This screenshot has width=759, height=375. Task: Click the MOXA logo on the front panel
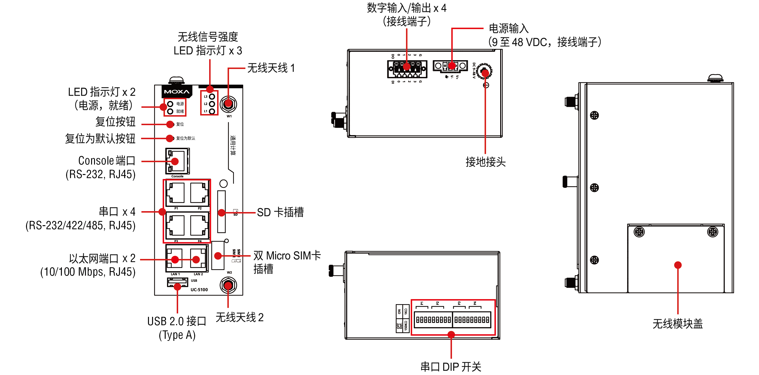tap(177, 92)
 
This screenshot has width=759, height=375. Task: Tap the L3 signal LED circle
tap(212, 96)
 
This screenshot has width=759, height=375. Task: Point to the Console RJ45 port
tap(177, 161)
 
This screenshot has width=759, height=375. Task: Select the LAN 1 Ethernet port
tap(175, 259)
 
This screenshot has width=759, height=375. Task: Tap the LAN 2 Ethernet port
tap(198, 259)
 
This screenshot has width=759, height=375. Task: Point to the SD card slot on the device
tap(221, 212)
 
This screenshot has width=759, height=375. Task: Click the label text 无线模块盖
tap(677, 324)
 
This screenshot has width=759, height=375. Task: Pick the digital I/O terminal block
tap(407, 69)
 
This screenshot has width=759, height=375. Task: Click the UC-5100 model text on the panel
tap(199, 290)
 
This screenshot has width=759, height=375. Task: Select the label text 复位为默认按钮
tap(100, 139)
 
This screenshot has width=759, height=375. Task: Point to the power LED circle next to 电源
tap(170, 104)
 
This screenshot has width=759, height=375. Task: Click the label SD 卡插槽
tap(280, 212)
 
